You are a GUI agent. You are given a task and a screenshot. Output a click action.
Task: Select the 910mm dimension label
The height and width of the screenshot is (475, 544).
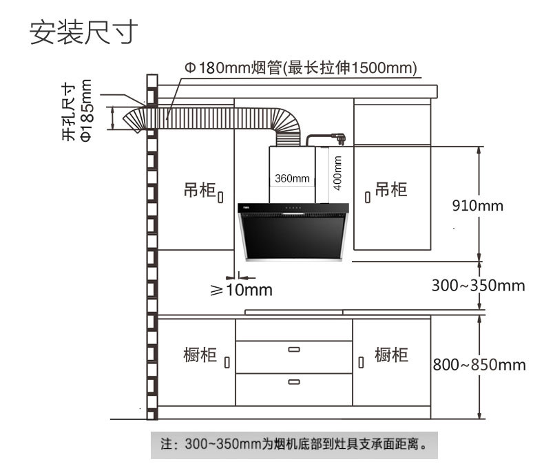[x=477, y=205]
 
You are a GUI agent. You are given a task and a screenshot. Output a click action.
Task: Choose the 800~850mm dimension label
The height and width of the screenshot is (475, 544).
[x=479, y=364]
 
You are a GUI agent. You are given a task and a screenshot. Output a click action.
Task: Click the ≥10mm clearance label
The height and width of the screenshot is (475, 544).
[x=241, y=290]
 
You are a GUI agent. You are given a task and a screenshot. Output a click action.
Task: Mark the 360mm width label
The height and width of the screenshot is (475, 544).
[x=292, y=178]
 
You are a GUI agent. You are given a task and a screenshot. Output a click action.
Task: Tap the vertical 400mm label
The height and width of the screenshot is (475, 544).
[x=337, y=173]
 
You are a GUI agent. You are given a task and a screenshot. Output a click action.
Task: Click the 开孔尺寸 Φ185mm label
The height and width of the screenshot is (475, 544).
[x=76, y=111]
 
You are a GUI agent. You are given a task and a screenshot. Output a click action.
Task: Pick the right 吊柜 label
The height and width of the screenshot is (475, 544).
[x=390, y=189]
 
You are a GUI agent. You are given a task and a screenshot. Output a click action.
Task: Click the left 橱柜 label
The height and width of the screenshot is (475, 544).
[x=200, y=355]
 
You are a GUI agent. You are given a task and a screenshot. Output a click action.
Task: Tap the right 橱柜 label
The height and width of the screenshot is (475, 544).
[x=391, y=355]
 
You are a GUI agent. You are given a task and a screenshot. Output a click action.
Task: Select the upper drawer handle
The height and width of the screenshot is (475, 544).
[x=294, y=350]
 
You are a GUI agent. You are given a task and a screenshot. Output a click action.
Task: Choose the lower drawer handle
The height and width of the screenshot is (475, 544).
[x=294, y=381]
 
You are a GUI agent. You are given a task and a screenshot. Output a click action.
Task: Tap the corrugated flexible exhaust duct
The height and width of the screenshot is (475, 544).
[x=213, y=119]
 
